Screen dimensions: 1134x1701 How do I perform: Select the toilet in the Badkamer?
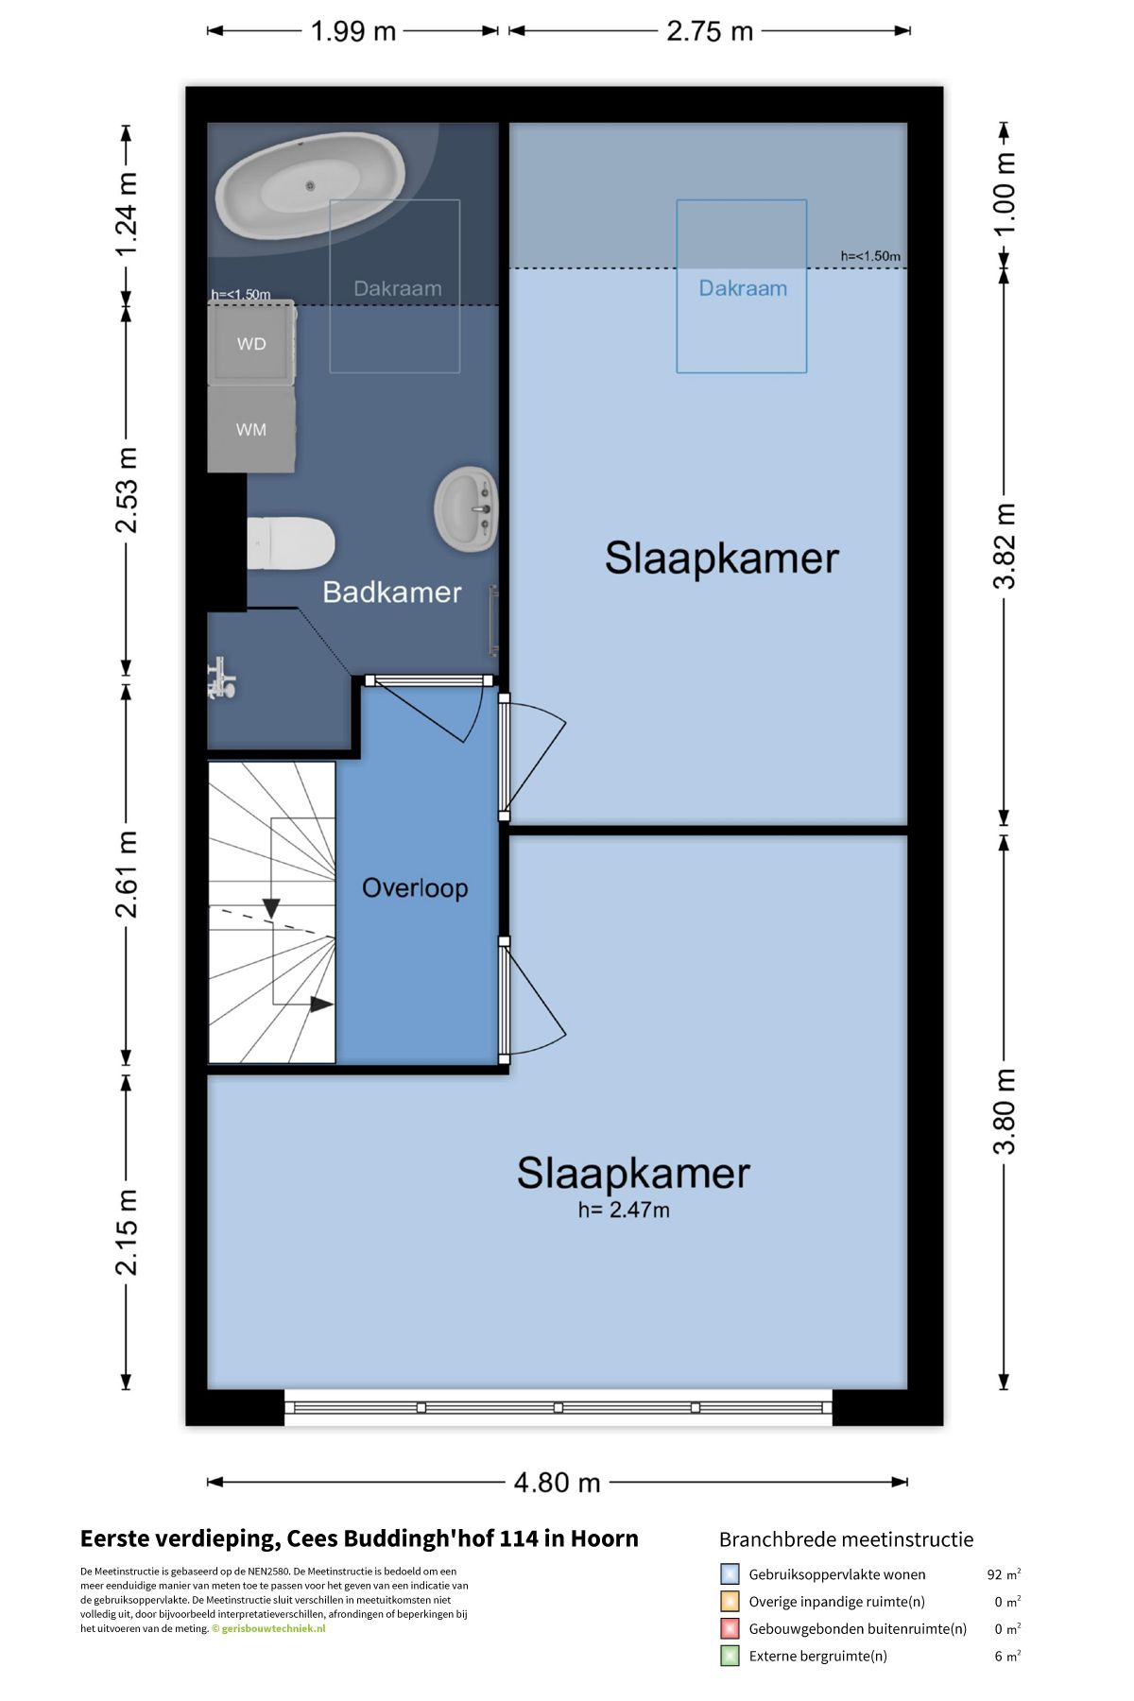(290, 543)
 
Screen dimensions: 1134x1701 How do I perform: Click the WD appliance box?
(251, 343)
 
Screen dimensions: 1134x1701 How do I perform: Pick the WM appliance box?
(251, 429)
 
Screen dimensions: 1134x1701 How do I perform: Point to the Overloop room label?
(415, 888)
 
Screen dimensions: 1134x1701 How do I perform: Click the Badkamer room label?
(392, 593)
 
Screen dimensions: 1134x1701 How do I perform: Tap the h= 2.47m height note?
(624, 1210)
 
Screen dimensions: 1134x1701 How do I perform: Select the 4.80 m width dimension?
(557, 1482)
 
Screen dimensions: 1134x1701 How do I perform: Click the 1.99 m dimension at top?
(353, 31)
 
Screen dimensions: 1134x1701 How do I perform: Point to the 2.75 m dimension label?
(710, 31)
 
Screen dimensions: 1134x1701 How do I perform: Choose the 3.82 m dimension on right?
(1005, 546)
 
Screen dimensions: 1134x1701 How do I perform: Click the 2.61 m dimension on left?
(127, 874)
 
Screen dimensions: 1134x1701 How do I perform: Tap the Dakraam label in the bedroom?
(743, 288)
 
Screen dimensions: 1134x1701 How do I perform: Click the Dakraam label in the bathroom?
(398, 288)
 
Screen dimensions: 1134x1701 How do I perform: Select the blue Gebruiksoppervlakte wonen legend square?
(730, 1573)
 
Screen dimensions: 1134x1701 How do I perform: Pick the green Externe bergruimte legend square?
(730, 1656)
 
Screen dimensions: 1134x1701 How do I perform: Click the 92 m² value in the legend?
(1004, 1574)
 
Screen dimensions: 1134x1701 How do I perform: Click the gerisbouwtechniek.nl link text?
(273, 1628)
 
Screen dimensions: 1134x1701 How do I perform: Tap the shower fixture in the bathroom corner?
(222, 678)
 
